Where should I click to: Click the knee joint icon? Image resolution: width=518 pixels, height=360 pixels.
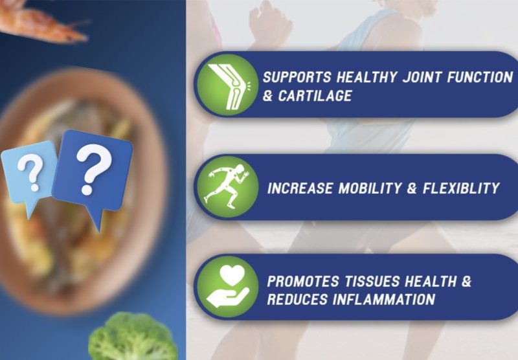tap(228, 86)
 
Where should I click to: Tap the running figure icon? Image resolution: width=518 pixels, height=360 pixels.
tap(227, 186)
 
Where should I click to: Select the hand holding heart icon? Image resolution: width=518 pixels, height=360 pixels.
tap(228, 286)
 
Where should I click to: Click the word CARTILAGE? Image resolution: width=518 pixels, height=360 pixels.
tap(315, 96)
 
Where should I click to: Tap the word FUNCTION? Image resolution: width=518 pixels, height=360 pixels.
tap(480, 77)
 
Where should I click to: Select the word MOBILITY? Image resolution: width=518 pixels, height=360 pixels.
tap(369, 188)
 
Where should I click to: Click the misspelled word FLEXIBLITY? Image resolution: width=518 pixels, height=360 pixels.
tap(461, 188)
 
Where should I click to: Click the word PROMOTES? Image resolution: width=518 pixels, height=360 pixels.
tap(303, 282)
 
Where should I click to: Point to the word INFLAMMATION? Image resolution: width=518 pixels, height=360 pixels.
tap(384, 299)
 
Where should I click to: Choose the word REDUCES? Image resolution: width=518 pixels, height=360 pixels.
tap(297, 299)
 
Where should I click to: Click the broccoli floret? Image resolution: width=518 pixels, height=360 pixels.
tap(133, 337)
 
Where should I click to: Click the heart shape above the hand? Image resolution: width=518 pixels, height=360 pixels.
tap(232, 275)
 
